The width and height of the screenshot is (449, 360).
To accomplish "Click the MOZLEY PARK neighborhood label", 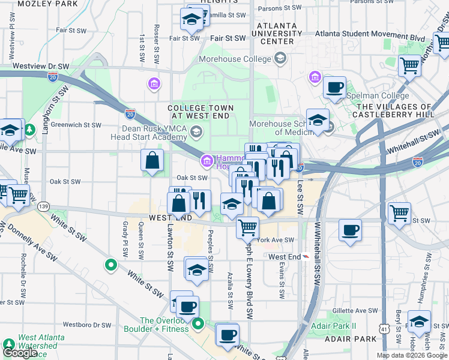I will [x=48, y=4].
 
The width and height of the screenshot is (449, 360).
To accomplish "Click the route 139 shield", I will [x=43, y=206].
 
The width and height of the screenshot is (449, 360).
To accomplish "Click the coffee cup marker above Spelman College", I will [x=334, y=88].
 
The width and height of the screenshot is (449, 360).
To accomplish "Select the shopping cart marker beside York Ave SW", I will [x=247, y=227].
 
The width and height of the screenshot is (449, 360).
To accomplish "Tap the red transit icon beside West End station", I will [x=306, y=257].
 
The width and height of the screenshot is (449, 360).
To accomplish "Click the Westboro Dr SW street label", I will [x=87, y=325].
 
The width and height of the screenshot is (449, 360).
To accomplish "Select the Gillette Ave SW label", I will [x=355, y=311].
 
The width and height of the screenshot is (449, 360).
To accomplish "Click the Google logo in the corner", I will [x=20, y=353].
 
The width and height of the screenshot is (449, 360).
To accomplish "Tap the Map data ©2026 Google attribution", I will [x=412, y=355].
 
